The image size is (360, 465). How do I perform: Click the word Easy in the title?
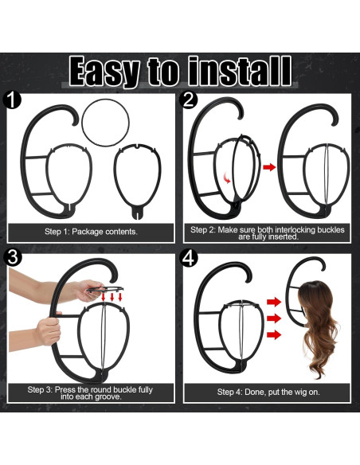pyautogui.click(x=104, y=72)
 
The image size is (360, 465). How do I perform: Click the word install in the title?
pyautogui.click(x=240, y=71)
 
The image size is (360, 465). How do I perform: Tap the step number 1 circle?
pyautogui.click(x=12, y=100)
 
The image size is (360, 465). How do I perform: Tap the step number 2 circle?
pyautogui.click(x=189, y=100)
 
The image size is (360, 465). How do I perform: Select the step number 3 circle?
pyautogui.click(x=13, y=257)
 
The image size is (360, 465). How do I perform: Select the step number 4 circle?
pyautogui.click(x=189, y=257)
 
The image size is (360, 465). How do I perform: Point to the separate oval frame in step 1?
pyautogui.click(x=115, y=178)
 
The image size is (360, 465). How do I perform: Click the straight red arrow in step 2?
pyautogui.click(x=269, y=167)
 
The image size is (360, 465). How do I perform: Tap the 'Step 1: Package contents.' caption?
pyautogui.click(x=91, y=232)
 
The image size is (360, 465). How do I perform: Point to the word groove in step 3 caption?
pyautogui.click(x=108, y=397)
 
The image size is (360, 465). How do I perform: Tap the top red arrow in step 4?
pyautogui.click(x=274, y=303)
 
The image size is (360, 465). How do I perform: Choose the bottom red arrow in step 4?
pyautogui.click(x=274, y=335)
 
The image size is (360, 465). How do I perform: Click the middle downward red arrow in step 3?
pyautogui.click(x=112, y=297)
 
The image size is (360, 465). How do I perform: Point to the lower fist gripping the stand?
pyautogui.click(x=48, y=331)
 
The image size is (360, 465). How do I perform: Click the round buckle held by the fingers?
pyautogui.click(x=105, y=289)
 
